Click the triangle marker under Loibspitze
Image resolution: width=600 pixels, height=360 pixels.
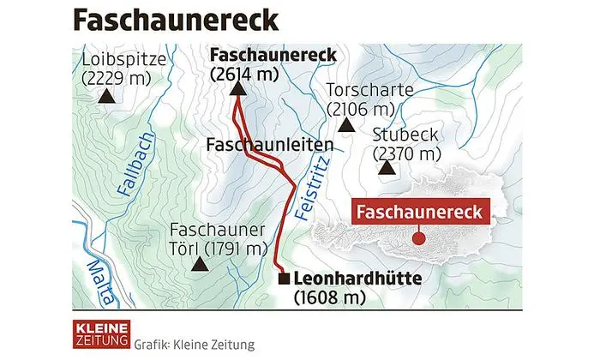(107, 97)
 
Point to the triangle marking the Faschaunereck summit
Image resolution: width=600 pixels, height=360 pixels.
(237, 89)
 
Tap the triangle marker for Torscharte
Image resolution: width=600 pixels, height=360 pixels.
(346, 125)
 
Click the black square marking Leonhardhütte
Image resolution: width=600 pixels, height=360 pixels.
(284, 279)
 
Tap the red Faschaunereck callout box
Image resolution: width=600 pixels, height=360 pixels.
(420, 212)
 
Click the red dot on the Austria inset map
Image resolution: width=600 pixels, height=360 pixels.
(419, 238)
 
